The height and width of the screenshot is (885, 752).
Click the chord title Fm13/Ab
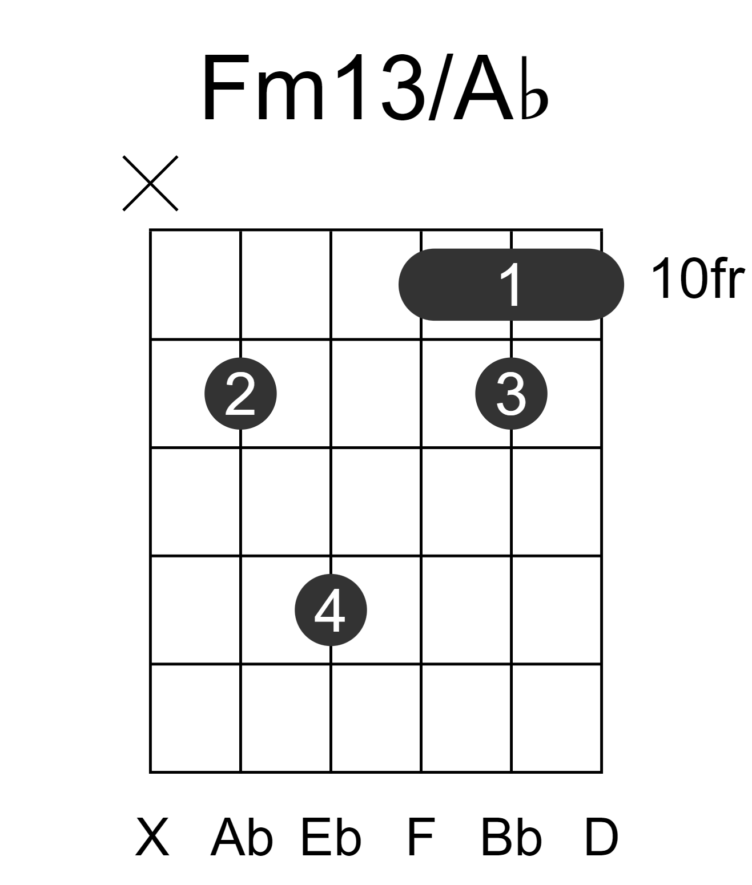tap(375, 88)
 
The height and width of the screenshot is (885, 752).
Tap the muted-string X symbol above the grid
tap(150, 183)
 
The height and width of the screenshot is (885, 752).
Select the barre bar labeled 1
tap(511, 285)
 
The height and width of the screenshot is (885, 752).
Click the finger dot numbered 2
tap(240, 394)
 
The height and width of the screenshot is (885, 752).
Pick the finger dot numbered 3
tap(511, 394)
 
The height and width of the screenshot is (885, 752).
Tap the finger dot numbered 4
tap(331, 610)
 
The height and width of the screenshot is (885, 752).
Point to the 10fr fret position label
tap(698, 279)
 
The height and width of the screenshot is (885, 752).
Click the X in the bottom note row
tap(152, 837)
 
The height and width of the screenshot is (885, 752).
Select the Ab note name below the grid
tap(242, 837)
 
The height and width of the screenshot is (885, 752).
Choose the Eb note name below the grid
tap(331, 837)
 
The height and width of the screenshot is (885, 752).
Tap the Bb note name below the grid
tap(511, 837)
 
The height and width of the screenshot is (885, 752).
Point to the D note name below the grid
tap(601, 837)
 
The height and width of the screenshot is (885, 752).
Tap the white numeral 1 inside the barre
tap(512, 285)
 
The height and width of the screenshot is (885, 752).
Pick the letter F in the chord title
tap(224, 88)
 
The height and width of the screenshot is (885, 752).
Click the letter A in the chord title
tap(483, 88)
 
